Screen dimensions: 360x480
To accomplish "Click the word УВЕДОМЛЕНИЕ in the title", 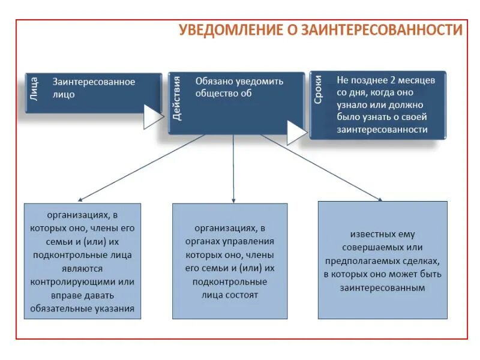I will click(x=223, y=30).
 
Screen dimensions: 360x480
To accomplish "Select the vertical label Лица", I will click(x=34, y=88).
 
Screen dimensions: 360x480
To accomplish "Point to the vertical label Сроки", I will click(x=319, y=91).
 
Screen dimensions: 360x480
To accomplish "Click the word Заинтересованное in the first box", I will click(x=94, y=82).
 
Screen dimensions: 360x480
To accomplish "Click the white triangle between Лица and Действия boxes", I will click(x=152, y=116).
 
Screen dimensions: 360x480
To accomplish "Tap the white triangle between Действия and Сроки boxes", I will click(x=296, y=133).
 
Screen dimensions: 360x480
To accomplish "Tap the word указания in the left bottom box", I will click(x=115, y=309).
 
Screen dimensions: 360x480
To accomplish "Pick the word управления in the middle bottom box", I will click(x=250, y=242).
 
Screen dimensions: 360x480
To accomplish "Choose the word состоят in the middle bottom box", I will click(x=243, y=295).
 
